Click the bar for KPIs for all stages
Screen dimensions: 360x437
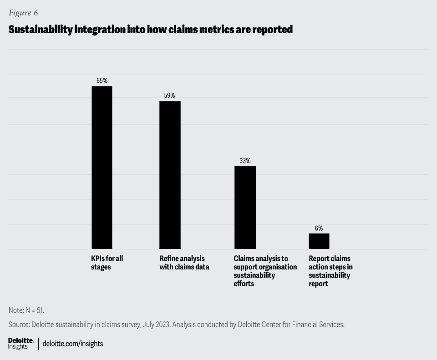(102, 167)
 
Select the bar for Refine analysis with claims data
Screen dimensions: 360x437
(170, 175)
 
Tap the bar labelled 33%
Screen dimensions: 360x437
(245, 207)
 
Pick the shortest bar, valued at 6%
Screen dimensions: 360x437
(319, 241)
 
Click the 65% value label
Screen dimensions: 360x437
(102, 81)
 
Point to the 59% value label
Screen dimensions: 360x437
(169, 96)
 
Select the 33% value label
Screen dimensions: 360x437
(245, 161)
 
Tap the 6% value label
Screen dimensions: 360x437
(319, 228)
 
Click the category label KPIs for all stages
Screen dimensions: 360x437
(107, 263)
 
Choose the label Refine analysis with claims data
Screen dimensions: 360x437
(184, 263)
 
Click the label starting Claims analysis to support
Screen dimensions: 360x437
(265, 271)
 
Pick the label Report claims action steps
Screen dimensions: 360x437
(330, 271)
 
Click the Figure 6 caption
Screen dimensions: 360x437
(23, 13)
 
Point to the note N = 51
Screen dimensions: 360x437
(26, 310)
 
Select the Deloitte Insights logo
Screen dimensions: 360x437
(21, 344)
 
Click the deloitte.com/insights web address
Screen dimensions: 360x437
(73, 344)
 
